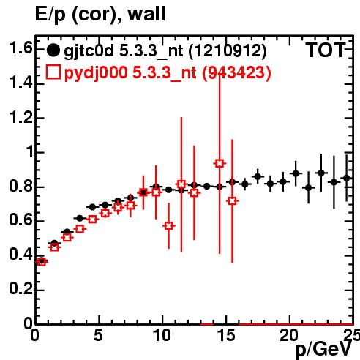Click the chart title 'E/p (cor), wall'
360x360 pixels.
coord(100,14)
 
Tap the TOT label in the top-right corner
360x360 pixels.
coord(326,50)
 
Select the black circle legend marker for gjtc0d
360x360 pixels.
coord(53,50)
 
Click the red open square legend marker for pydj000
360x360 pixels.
coord(53,72)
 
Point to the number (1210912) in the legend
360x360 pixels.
coord(228,51)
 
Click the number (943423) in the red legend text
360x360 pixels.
coord(236,72)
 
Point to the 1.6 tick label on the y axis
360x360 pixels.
coord(20,48)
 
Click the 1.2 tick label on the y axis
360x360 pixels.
coord(20,118)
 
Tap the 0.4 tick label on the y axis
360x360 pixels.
coord(20,254)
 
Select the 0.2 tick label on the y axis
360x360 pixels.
coord(20,289)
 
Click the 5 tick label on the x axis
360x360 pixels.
coord(98,336)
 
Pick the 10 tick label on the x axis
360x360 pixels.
coord(162,336)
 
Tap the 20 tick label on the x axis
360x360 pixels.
coord(289,336)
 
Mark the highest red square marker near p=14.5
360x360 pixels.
coord(220,163)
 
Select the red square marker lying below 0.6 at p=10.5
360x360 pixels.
coord(169,226)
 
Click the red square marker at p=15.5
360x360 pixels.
coord(232,201)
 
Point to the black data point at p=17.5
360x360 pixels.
coord(258,176)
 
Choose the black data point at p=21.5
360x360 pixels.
coord(309,188)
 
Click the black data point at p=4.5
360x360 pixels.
coord(92,207)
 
